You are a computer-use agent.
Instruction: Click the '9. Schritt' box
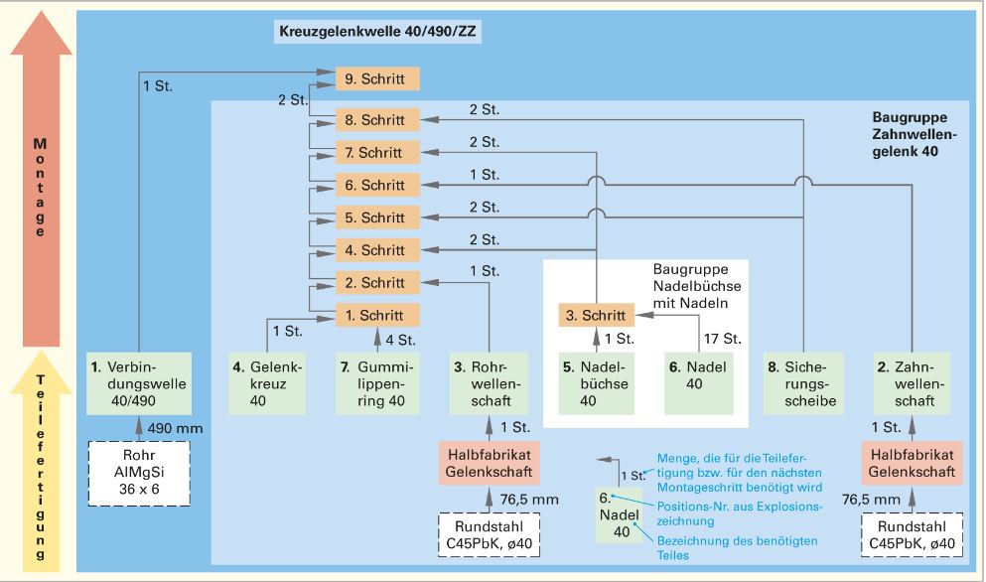(x=377, y=76)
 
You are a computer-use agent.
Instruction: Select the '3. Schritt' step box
(x=597, y=316)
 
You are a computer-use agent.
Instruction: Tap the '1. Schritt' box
(x=377, y=315)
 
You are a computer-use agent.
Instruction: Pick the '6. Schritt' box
(x=377, y=185)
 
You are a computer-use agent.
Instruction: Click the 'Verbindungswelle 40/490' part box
(x=125, y=381)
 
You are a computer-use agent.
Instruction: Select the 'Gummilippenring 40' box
(x=377, y=381)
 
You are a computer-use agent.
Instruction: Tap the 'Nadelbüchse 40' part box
(x=597, y=381)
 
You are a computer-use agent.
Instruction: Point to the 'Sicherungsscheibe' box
(x=801, y=381)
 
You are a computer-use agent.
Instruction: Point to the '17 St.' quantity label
(x=717, y=338)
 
